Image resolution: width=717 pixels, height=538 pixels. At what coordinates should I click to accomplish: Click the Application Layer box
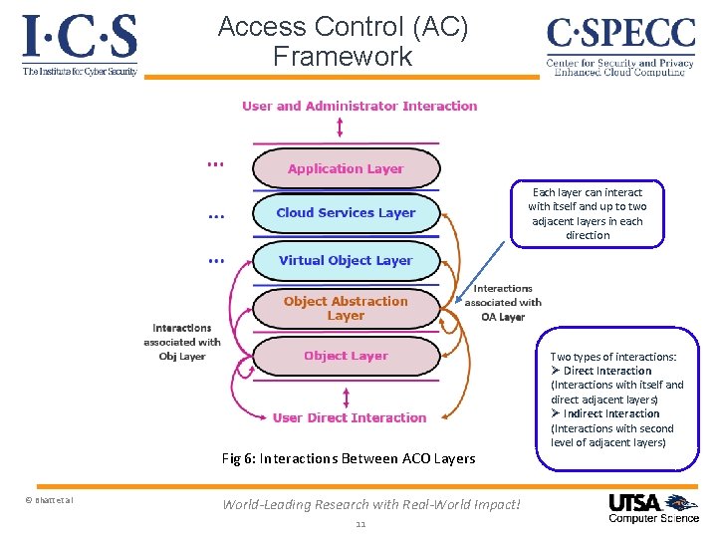pos(346,168)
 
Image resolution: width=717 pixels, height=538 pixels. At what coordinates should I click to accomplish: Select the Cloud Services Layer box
pos(346,212)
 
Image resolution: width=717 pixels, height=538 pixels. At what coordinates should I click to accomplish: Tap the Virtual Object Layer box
pos(346,260)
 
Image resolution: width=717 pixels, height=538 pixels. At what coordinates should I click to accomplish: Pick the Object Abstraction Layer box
pos(346,308)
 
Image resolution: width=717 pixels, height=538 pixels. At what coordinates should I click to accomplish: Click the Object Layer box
pos(346,356)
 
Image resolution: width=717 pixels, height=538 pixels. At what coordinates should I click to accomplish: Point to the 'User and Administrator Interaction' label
pos(359,106)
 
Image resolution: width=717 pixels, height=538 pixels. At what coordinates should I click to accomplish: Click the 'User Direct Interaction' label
pos(349,417)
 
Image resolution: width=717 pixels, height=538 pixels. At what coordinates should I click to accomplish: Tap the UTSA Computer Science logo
pos(653,507)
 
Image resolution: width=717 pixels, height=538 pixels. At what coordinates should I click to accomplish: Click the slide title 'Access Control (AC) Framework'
pos(343,41)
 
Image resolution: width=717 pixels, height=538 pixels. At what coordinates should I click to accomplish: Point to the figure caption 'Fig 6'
pos(349,458)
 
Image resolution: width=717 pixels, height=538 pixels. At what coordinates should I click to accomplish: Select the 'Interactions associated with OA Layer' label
pos(503,302)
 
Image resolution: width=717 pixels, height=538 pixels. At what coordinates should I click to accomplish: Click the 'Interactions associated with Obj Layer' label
pos(181,342)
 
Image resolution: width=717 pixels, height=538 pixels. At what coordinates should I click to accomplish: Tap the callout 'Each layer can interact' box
pos(587,213)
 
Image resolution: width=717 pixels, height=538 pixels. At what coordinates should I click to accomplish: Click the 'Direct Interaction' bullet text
pos(606,371)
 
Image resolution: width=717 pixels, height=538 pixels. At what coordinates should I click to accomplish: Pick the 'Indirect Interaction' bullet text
pos(610,413)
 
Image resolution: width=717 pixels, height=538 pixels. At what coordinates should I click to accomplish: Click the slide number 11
pos(360,525)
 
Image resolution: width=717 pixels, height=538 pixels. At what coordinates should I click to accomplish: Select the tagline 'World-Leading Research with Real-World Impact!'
pos(370,504)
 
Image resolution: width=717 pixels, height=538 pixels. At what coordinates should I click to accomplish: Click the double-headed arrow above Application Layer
pos(341,128)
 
